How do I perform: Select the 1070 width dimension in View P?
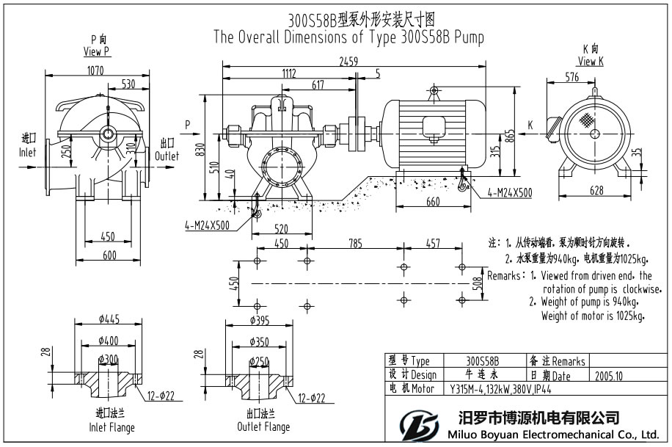click(x=95, y=70)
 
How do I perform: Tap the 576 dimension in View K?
click(x=572, y=76)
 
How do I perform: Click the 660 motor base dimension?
click(x=434, y=202)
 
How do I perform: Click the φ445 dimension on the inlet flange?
click(x=109, y=319)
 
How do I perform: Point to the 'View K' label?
click(x=591, y=62)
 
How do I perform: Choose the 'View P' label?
click(x=97, y=51)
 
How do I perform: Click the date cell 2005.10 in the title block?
click(x=610, y=376)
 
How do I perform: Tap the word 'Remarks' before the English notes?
click(x=504, y=277)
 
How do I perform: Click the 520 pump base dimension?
click(x=279, y=229)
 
